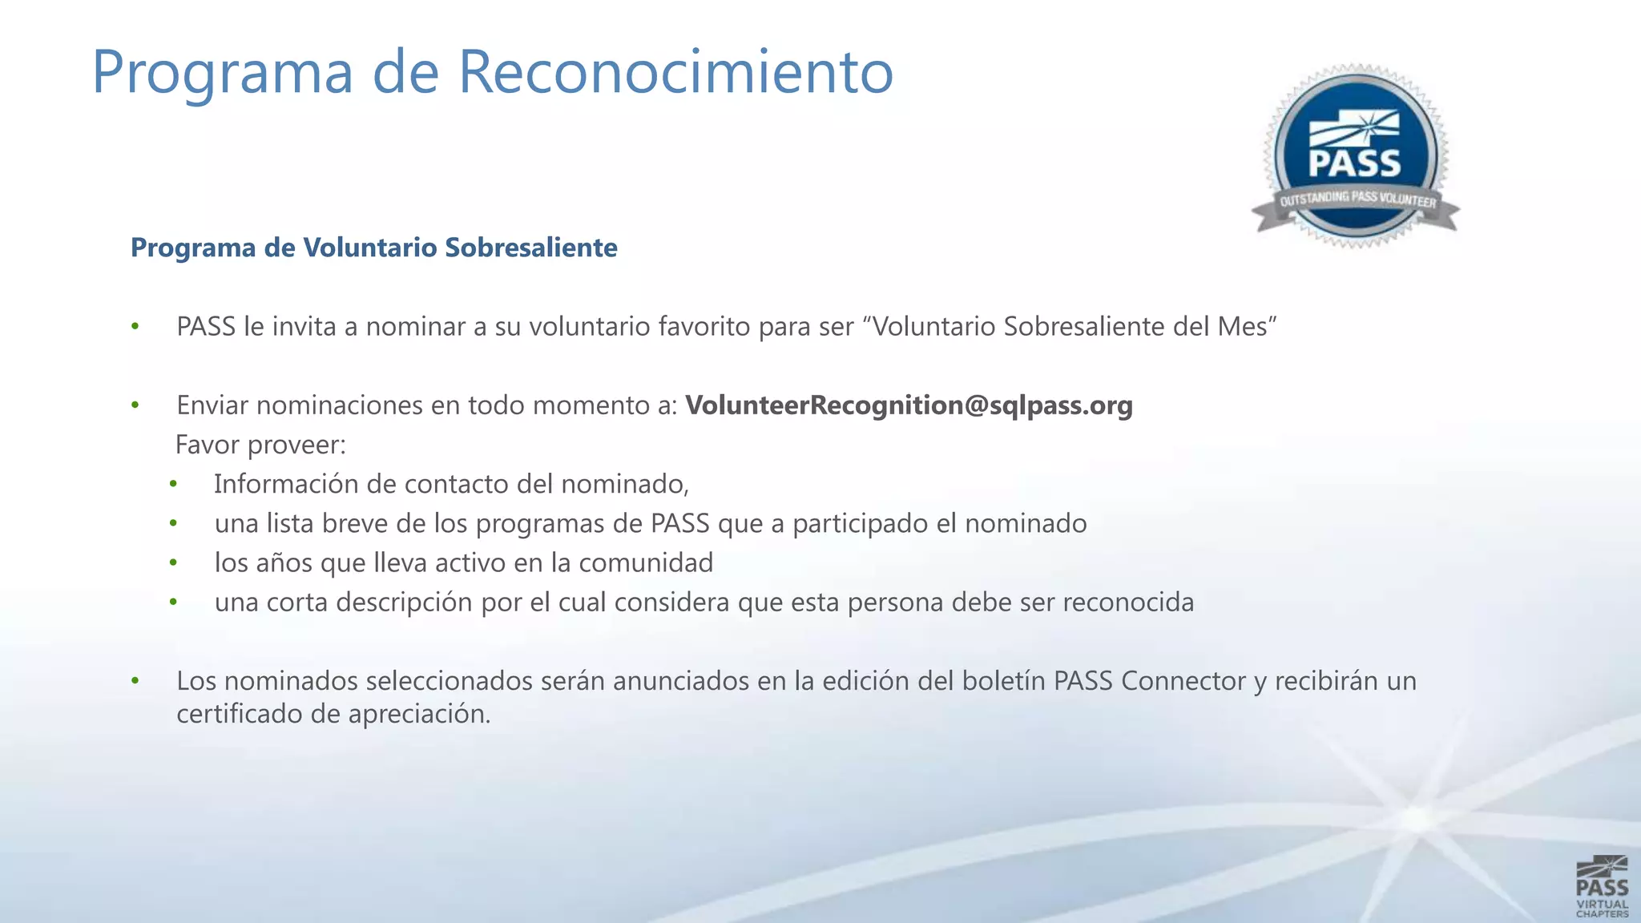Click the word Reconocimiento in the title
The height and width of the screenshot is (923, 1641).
click(675, 72)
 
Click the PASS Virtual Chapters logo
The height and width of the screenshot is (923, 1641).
click(1602, 886)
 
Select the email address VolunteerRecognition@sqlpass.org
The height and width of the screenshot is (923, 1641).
click(909, 405)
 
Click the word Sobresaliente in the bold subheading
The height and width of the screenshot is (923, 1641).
click(531, 248)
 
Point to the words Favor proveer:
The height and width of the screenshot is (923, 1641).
click(260, 445)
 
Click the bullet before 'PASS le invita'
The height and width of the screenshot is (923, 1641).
click(135, 327)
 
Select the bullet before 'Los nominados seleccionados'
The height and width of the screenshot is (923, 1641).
click(135, 681)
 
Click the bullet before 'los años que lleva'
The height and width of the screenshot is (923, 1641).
click(173, 563)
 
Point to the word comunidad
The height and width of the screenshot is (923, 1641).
click(645, 563)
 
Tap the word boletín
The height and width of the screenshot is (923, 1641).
click(1004, 681)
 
